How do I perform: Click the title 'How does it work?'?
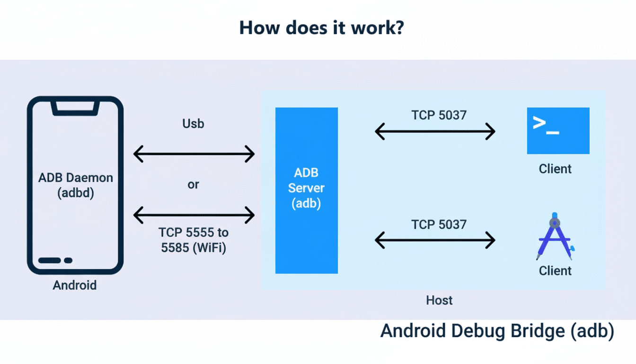pos(321,28)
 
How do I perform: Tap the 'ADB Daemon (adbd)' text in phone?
pos(76,185)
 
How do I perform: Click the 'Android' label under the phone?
pos(75,285)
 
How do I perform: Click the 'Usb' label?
pos(193,124)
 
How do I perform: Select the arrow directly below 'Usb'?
pos(194,154)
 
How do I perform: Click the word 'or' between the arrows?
pos(193,185)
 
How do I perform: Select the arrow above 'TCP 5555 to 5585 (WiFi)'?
pos(194,215)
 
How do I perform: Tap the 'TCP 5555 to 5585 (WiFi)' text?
pos(193,240)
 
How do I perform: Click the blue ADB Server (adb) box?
pos(307,190)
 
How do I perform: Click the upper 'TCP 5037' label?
pos(439,115)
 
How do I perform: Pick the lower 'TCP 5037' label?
pos(439,224)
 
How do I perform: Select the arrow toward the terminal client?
pos(435,131)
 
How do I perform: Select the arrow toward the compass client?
pos(435,240)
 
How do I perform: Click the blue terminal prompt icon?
pos(558,131)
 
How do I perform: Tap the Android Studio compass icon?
pos(555,237)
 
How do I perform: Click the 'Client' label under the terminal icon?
pos(555,169)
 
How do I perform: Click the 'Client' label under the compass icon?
pos(555,271)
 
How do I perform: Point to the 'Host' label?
pos(439,300)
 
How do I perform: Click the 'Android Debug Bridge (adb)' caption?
pos(497,331)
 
